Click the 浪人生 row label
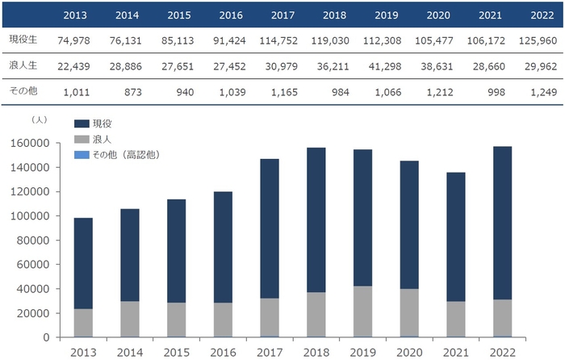[x=23, y=66]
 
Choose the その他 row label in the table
[x=23, y=91]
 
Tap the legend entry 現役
[x=102, y=123]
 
